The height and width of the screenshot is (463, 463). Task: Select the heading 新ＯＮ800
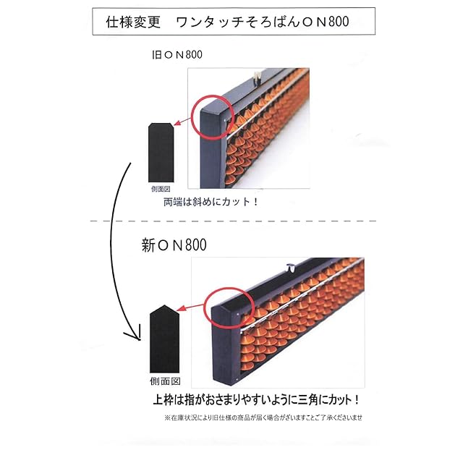pyautogui.click(x=174, y=245)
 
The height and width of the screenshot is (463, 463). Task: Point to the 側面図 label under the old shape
pyautogui.click(x=160, y=188)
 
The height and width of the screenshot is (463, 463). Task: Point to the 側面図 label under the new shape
pyautogui.click(x=166, y=380)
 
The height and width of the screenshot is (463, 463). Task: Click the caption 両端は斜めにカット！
pyautogui.click(x=212, y=202)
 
